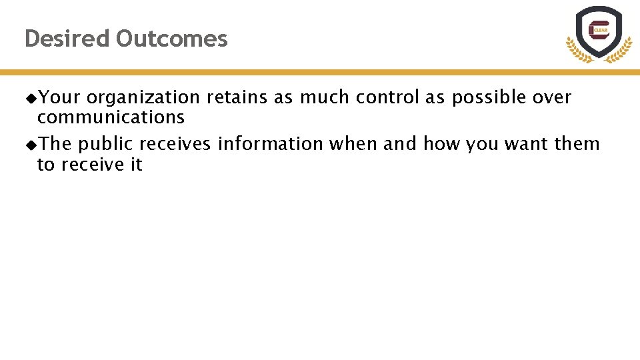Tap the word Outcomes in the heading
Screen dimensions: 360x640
click(x=171, y=39)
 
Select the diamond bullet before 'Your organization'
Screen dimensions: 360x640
click(x=31, y=98)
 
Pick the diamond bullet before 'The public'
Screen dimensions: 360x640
click(x=31, y=145)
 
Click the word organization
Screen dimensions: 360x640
click(x=143, y=97)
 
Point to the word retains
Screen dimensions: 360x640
click(x=237, y=97)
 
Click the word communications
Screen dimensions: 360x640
click(x=111, y=117)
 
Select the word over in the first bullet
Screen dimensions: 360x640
click(x=552, y=97)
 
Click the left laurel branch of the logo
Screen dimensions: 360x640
click(x=574, y=49)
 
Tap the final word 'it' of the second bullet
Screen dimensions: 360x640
click(x=136, y=165)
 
